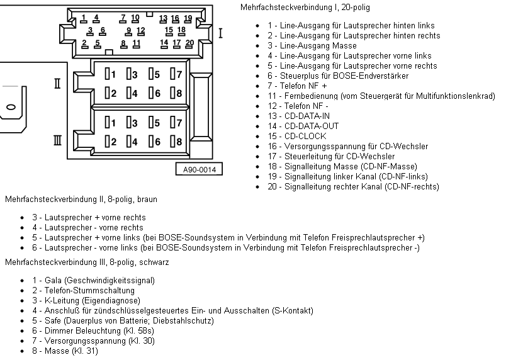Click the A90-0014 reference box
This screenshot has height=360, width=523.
[x=199, y=169]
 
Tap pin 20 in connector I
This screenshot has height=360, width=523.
[x=189, y=44]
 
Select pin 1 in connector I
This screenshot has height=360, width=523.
[x=83, y=19]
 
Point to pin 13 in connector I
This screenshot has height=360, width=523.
[x=163, y=19]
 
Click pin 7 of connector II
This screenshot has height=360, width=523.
[x=176, y=74]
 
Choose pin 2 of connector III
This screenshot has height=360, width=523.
[x=110, y=142]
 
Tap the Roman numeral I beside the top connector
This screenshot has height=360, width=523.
[x=220, y=33]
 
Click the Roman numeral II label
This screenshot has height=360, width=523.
[x=57, y=83]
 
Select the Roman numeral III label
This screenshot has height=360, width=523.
[x=57, y=140]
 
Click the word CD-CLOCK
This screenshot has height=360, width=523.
[x=305, y=136]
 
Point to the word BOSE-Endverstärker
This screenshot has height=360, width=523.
[x=371, y=76]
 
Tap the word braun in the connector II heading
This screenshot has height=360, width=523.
[x=147, y=199]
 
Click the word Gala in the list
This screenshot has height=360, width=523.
[x=53, y=280]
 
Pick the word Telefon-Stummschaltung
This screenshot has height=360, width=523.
[x=89, y=290]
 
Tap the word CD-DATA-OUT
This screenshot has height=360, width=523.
[x=312, y=126]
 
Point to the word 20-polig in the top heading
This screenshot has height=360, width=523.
[x=356, y=8]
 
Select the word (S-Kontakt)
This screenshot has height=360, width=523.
[x=293, y=311]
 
